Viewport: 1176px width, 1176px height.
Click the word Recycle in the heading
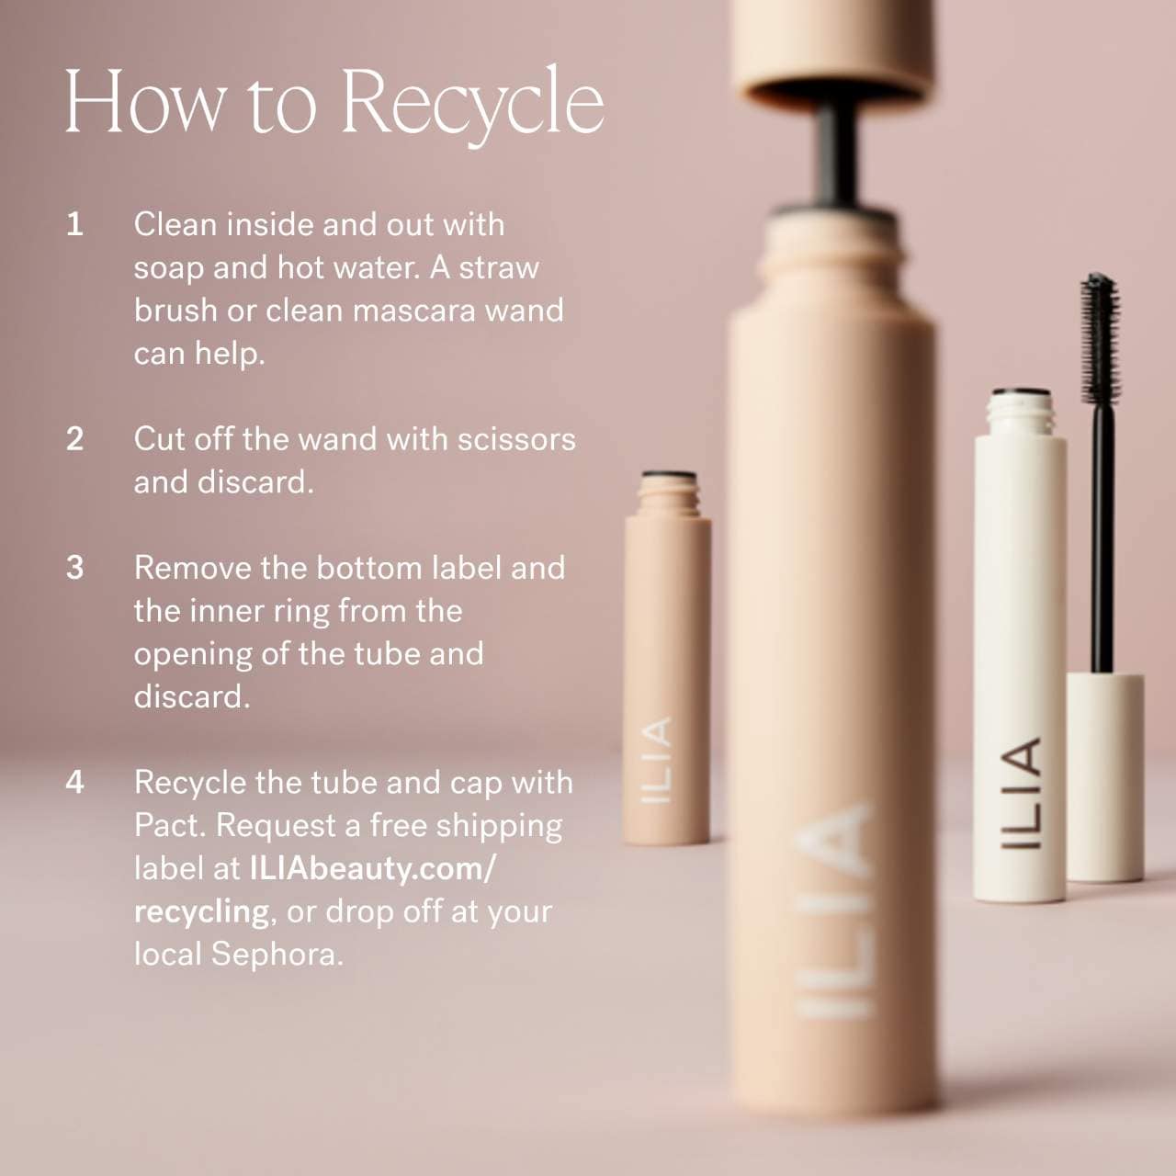473,105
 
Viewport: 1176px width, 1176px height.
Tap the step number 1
74,224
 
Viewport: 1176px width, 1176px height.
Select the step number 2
74,439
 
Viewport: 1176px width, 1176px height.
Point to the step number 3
74,568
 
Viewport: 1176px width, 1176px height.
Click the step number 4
74,782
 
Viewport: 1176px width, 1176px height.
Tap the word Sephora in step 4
277,955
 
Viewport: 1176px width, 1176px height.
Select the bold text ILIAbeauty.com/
372,868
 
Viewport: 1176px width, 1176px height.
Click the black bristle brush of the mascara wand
1100,340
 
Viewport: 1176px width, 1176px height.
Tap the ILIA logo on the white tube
1020,794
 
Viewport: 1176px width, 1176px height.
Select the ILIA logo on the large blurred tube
833,911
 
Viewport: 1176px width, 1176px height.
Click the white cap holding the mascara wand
1104,777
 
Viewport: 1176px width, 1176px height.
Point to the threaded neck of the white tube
1020,412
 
